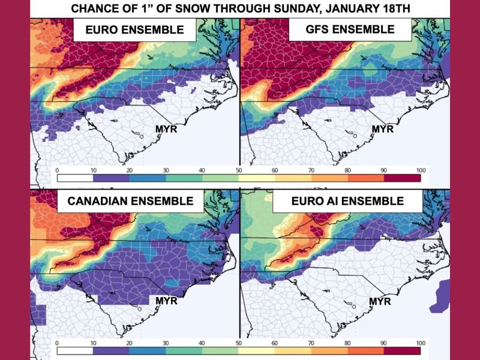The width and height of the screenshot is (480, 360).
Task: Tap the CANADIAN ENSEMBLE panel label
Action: tap(130, 201)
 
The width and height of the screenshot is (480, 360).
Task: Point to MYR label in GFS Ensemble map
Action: tap(382, 128)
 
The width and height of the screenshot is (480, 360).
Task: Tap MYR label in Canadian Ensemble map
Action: tap(166, 300)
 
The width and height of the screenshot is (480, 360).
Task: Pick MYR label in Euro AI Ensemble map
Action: tap(380, 300)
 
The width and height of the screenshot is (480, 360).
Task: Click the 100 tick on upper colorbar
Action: tap(421, 170)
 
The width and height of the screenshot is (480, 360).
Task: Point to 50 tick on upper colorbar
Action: tap(239, 170)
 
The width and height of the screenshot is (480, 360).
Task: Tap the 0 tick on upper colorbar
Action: tap(56, 170)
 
